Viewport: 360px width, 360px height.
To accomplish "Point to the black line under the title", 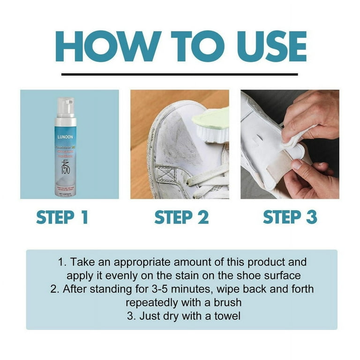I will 180,74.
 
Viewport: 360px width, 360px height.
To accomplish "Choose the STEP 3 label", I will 290,217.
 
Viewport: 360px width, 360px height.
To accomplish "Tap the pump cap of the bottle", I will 66,105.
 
